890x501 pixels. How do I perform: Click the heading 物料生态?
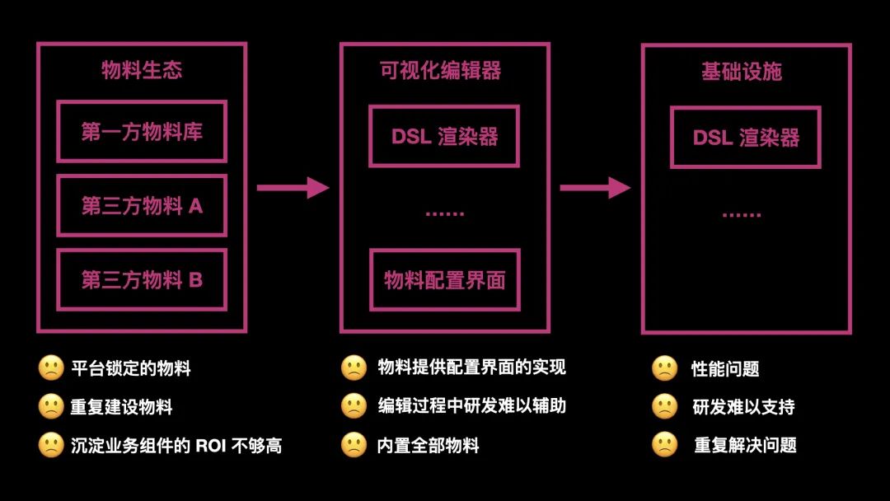tap(142, 70)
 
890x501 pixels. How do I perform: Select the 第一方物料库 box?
tap(142, 132)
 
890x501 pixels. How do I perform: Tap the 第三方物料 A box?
tap(142, 206)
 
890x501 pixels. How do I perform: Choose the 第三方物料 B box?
tap(142, 280)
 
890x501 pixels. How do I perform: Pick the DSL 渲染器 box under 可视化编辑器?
tap(444, 136)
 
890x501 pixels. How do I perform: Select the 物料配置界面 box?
tap(444, 280)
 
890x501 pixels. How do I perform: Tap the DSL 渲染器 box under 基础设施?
tap(746, 138)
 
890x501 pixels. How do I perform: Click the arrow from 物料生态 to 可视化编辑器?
tap(293, 188)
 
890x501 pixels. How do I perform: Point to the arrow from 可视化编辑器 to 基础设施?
tap(595, 188)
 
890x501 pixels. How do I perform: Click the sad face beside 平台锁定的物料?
tap(51, 368)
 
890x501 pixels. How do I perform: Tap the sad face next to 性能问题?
tap(664, 368)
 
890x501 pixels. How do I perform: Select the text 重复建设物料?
tap(121, 407)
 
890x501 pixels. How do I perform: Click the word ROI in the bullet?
tap(213, 446)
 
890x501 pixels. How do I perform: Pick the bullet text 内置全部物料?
tap(428, 446)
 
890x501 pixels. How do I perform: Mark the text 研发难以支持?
tap(744, 407)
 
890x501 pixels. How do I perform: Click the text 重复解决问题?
tap(745, 446)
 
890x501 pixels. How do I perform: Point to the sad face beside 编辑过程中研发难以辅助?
tap(354, 406)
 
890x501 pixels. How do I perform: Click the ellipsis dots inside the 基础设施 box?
tap(742, 215)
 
